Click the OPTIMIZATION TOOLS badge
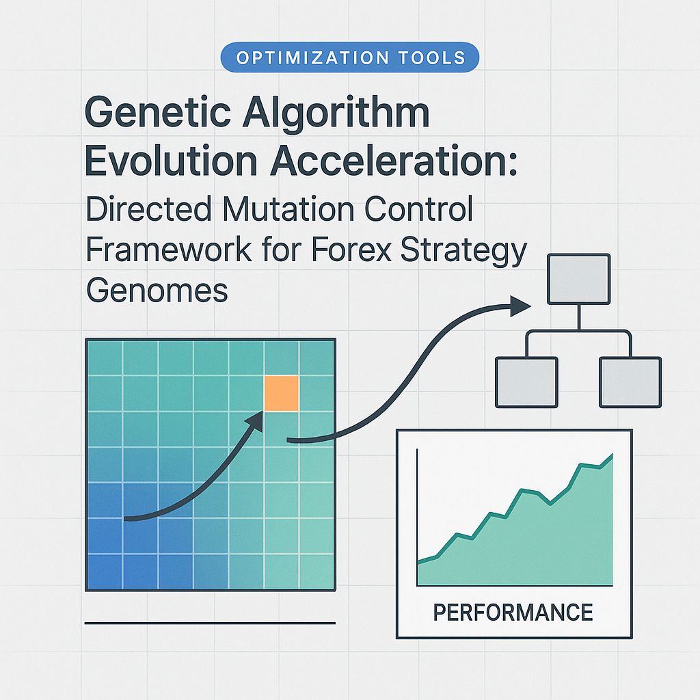pyautogui.click(x=350, y=58)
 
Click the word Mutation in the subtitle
pyautogui.click(x=269, y=208)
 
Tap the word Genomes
pyautogui.click(x=157, y=291)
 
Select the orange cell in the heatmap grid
pyautogui.click(x=281, y=394)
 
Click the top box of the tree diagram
pyautogui.click(x=578, y=279)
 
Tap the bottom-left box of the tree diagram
pyautogui.click(x=526, y=381)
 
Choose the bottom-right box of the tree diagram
pyautogui.click(x=630, y=381)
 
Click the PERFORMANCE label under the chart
pyautogui.click(x=513, y=612)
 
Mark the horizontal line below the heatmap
pyautogui.click(x=210, y=623)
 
